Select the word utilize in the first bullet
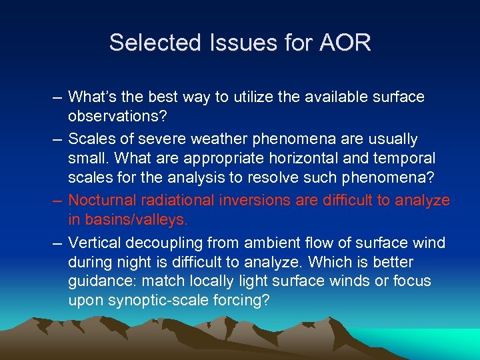pos(246,97)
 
